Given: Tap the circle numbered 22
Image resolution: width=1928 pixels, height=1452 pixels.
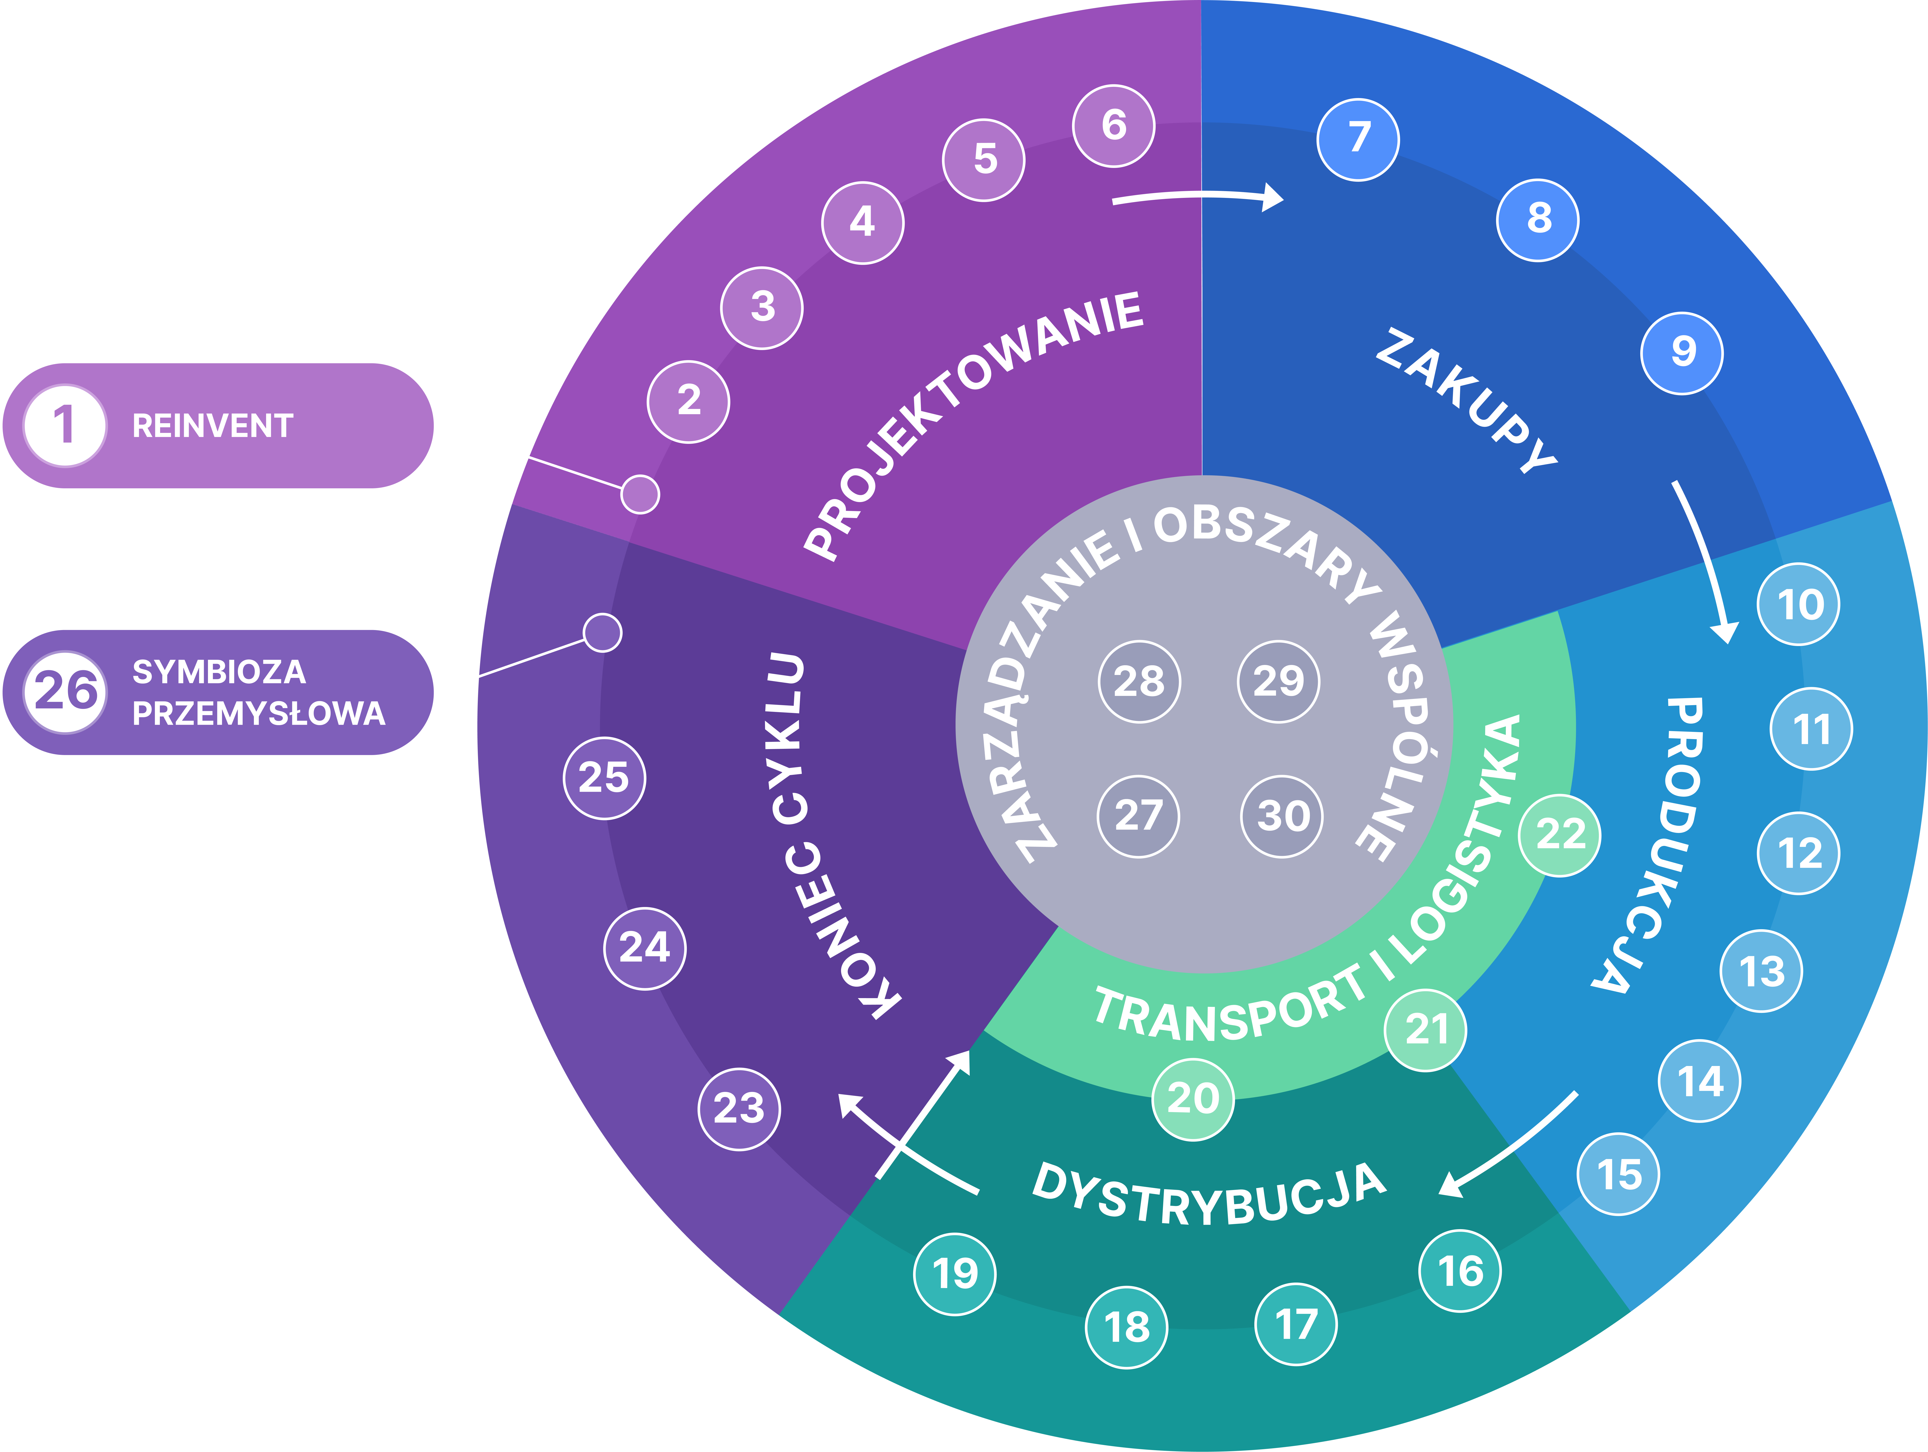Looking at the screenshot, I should (x=1559, y=835).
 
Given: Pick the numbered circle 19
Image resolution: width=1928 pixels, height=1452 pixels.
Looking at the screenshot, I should (x=955, y=1273).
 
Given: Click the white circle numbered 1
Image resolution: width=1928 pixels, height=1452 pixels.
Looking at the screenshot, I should (x=65, y=426).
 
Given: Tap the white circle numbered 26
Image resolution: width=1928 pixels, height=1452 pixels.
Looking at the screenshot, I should (x=65, y=691).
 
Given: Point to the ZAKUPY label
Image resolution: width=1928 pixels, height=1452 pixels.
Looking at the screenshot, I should (x=1466, y=400).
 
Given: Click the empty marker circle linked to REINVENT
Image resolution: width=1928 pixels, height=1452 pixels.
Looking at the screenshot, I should (x=640, y=495).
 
